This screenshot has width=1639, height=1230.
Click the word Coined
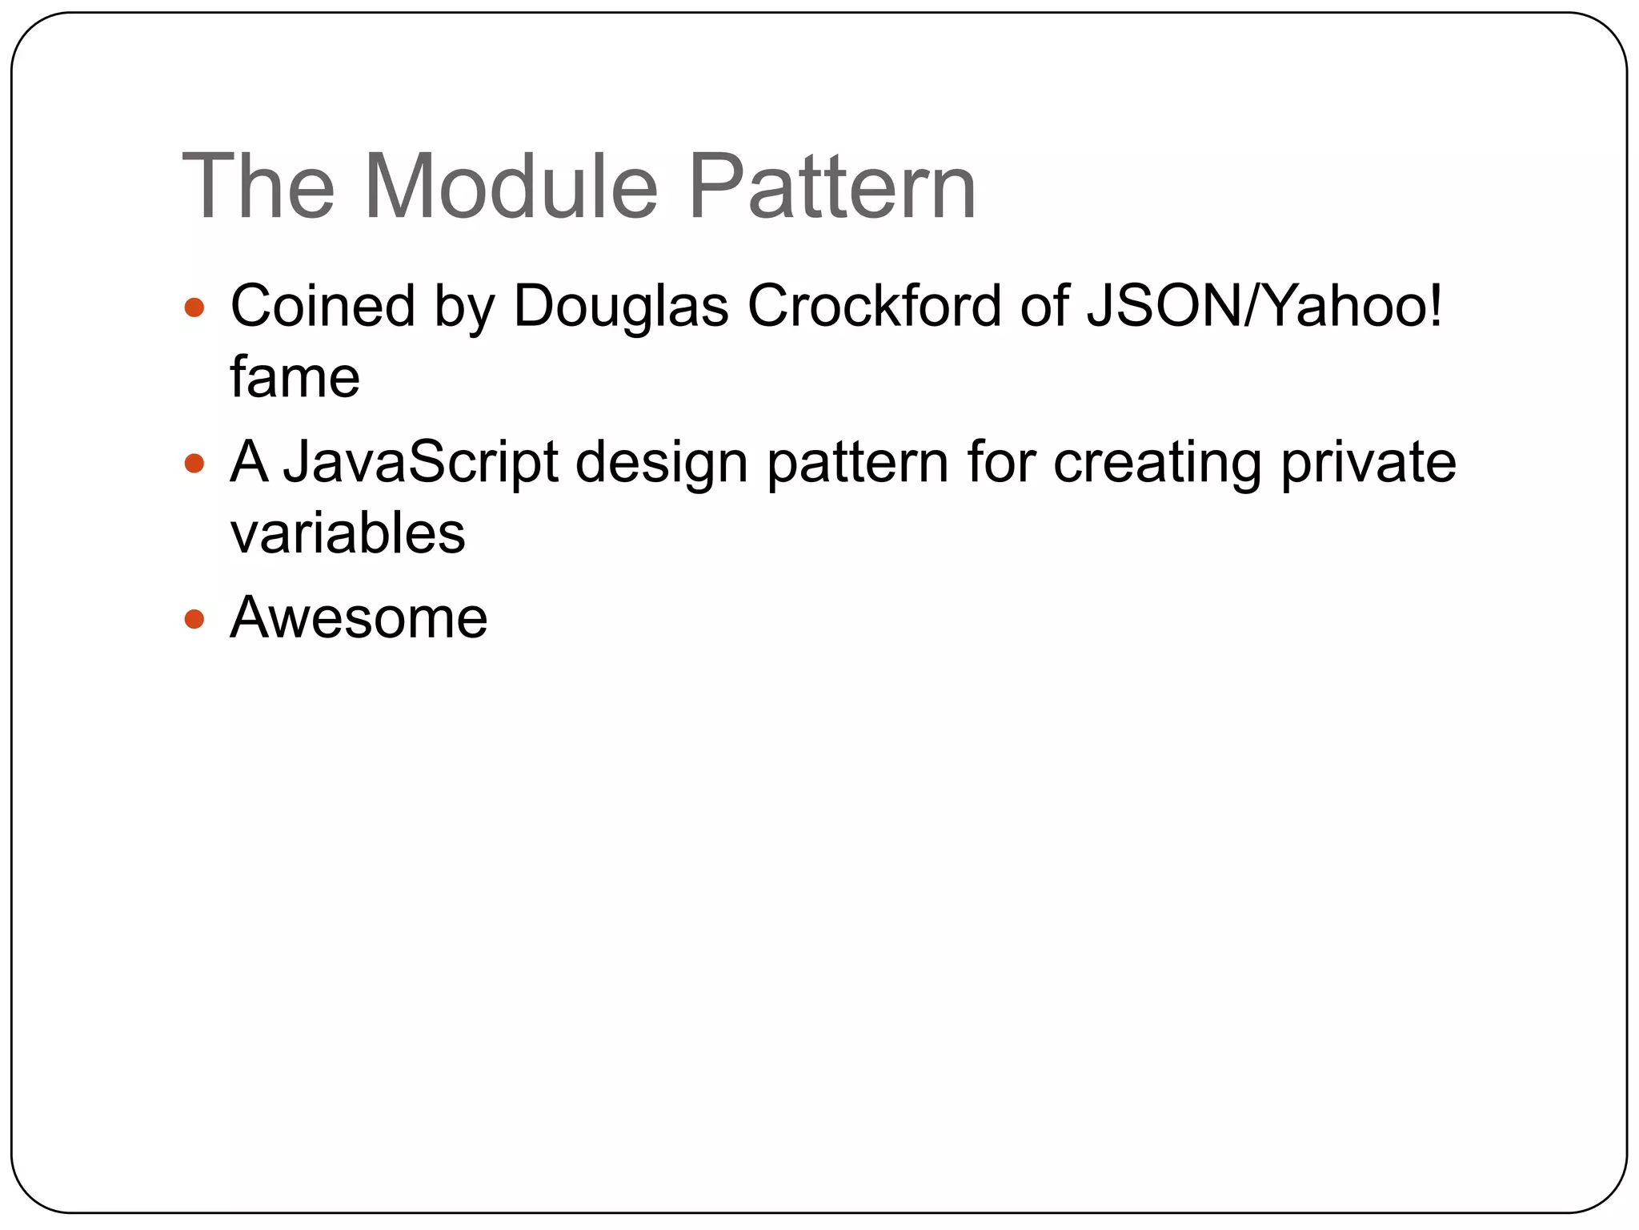323,306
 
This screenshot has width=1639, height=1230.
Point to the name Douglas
621,306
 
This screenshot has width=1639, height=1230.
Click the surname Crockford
874,306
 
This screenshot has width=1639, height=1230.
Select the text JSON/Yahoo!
1264,306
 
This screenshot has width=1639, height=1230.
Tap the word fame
295,377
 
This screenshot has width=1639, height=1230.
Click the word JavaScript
421,462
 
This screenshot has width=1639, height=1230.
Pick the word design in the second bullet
662,462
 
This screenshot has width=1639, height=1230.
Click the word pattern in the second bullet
857,462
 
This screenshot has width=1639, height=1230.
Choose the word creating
1157,462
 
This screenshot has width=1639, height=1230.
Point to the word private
1369,462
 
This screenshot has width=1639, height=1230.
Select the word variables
347,533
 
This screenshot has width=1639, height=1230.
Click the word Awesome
359,617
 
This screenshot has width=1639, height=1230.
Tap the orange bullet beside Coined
194,307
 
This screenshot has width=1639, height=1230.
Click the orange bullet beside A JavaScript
194,463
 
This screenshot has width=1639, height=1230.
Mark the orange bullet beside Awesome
194,619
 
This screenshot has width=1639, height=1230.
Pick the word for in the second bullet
1001,462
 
